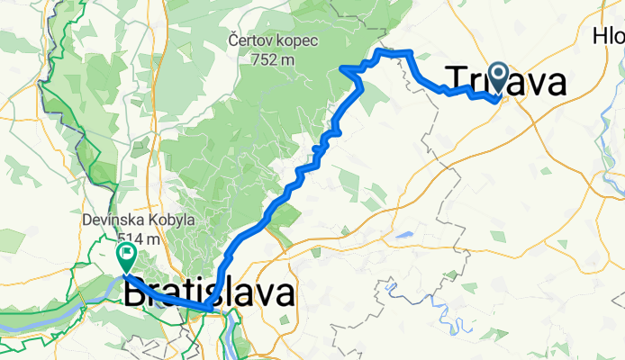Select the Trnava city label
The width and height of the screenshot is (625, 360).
[506, 83]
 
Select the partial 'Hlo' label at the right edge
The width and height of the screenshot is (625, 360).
[609, 37]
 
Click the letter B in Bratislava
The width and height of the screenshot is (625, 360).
[134, 294]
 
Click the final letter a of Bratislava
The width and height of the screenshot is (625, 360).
[283, 294]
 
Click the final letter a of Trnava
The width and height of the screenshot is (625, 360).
[555, 84]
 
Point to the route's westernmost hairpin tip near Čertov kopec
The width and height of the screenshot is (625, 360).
[340, 67]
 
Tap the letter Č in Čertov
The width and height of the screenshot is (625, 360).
[233, 40]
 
